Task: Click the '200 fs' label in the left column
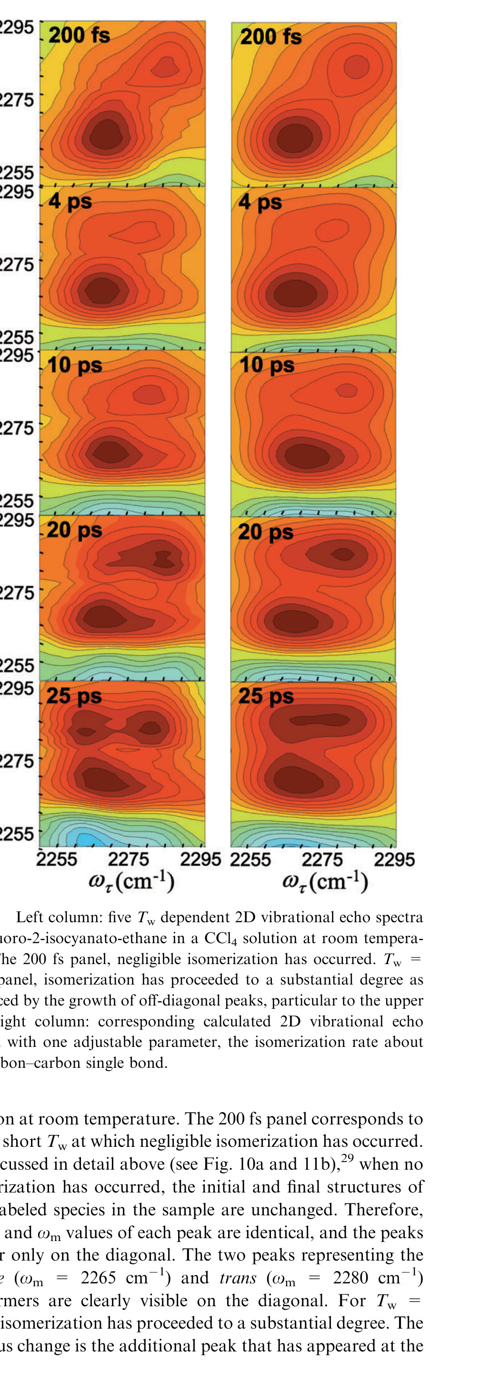pos(80,35)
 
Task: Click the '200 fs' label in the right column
pos(270,37)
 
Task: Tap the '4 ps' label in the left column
pos(70,201)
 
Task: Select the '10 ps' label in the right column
pos(267,365)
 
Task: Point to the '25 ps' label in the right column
pos(266,696)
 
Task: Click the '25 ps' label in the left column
pos(74,696)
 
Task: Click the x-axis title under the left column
pos(132,881)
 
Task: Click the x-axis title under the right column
pos(325,881)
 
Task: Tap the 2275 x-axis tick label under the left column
pos(129,859)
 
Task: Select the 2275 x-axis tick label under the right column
pos(322,859)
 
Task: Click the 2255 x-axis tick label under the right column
pos(250,859)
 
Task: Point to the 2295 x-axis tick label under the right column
pos(394,859)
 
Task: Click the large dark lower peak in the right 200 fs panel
pos(295,138)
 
